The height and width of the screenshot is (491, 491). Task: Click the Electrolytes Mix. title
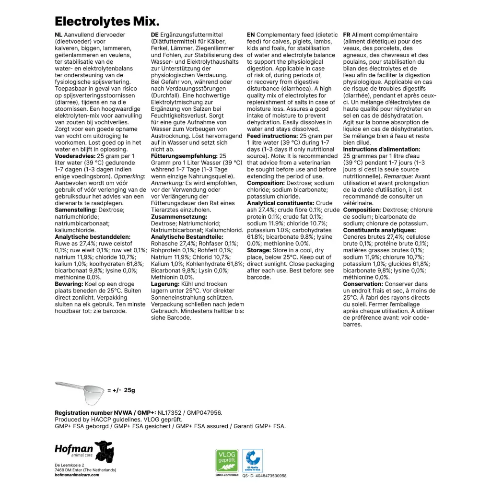(x=107, y=21)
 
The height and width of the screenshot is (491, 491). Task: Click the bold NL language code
(x=58, y=35)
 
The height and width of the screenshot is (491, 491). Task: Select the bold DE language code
(x=154, y=35)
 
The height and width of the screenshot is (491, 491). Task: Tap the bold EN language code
(x=251, y=35)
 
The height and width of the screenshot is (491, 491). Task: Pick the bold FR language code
(x=347, y=35)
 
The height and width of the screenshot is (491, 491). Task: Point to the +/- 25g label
(x=121, y=390)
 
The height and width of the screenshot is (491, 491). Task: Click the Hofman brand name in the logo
(x=73, y=449)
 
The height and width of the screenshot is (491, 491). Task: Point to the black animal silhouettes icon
(x=104, y=451)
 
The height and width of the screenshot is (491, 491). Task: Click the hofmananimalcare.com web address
(x=77, y=475)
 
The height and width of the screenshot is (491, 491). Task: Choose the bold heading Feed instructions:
(x=272, y=136)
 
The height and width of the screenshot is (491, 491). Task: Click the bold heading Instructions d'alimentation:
(x=382, y=150)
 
